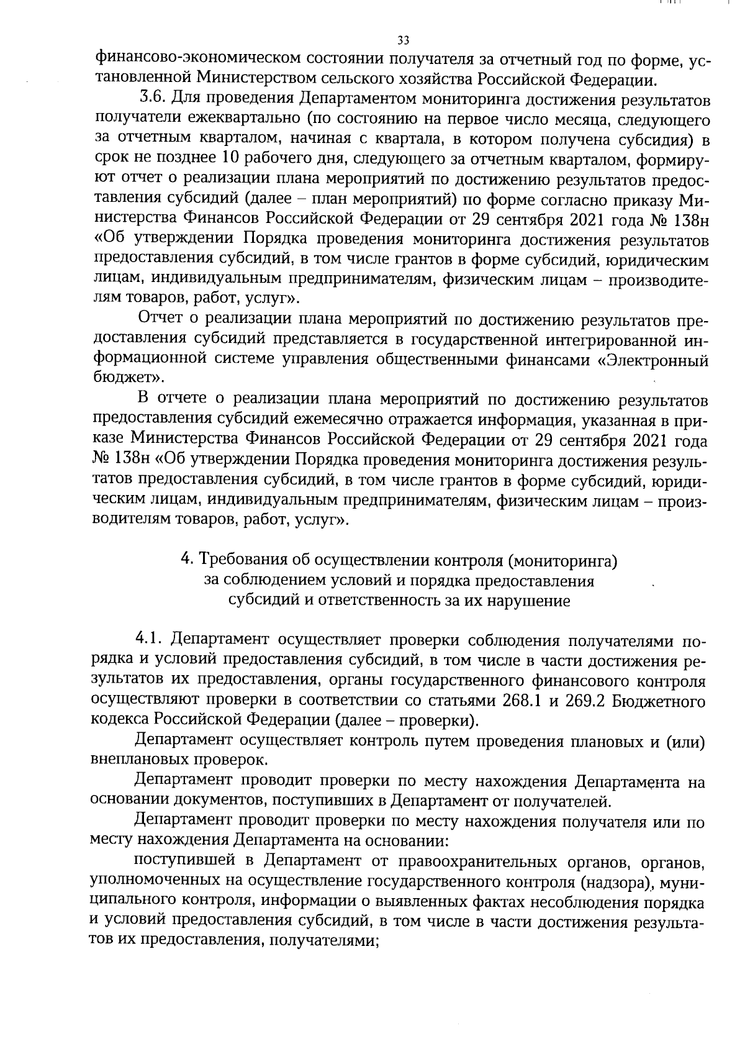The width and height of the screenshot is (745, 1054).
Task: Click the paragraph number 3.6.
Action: (x=151, y=98)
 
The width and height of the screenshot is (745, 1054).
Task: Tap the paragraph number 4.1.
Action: (x=149, y=640)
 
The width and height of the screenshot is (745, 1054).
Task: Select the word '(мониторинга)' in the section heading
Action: (x=562, y=560)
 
